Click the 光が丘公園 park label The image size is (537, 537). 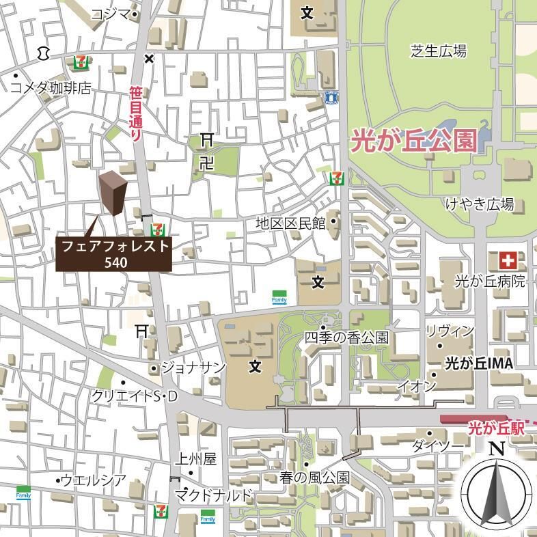click(x=413, y=141)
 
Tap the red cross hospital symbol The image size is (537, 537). click(x=508, y=260)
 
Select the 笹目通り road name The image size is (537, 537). click(x=136, y=113)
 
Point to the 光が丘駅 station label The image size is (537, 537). click(x=496, y=428)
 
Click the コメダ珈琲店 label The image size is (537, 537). click(x=51, y=88)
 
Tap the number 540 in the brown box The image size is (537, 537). click(x=114, y=262)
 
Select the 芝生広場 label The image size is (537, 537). click(x=438, y=50)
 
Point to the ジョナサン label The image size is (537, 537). click(x=193, y=368)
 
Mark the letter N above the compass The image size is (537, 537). click(x=497, y=449)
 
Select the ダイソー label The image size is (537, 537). click(x=437, y=447)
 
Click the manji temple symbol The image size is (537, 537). click(x=206, y=163)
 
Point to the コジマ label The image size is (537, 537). click(x=109, y=14)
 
